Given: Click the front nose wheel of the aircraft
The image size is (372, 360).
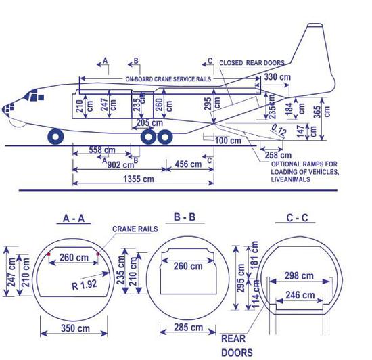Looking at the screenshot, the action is point(55,137).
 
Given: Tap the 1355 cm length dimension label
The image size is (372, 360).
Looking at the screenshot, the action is point(139,179).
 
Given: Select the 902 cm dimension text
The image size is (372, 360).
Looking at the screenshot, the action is point(120,165).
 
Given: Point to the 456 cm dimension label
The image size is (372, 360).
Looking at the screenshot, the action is point(188,164).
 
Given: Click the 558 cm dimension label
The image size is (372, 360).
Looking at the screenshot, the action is point(102,150).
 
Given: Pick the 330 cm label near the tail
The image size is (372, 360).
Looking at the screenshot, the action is point(277,77).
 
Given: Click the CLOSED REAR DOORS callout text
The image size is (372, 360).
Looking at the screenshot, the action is point(252,63).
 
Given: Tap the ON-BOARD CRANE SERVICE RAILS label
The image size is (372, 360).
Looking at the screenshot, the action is point(168,79).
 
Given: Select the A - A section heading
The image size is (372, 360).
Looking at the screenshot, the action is point(74,218).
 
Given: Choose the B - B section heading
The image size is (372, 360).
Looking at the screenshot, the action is point(185,217).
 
